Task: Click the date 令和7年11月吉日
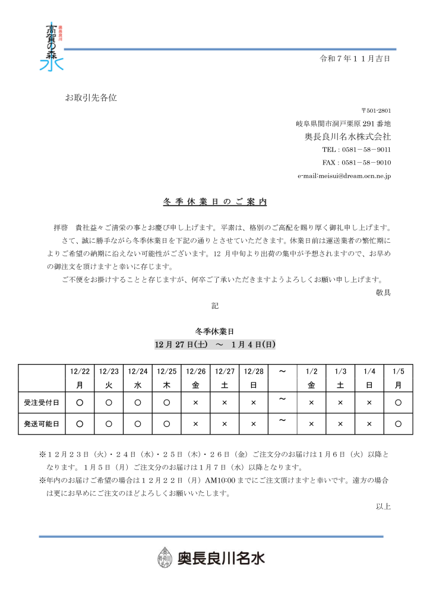click(x=355, y=58)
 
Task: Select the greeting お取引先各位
click(x=91, y=97)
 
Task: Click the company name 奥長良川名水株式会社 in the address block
click(x=347, y=136)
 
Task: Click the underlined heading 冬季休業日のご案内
click(x=215, y=202)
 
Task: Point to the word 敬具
click(x=383, y=292)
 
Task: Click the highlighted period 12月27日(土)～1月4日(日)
click(x=215, y=344)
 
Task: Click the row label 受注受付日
click(x=42, y=402)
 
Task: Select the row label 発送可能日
click(x=42, y=424)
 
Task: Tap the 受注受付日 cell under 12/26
click(x=195, y=402)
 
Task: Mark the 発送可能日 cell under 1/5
click(x=398, y=424)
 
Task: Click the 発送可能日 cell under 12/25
click(x=167, y=424)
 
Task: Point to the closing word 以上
click(x=383, y=506)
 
